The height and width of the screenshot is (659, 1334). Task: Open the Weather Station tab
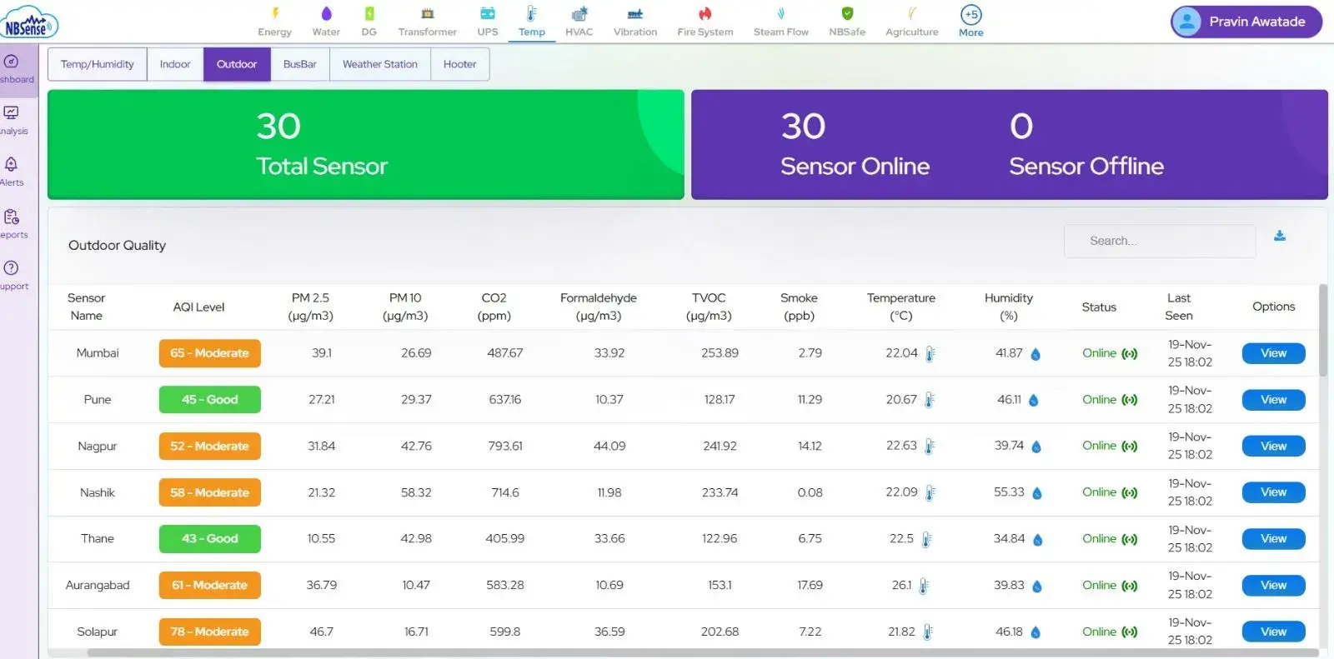tap(379, 64)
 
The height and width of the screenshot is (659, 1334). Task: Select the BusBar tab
tap(299, 64)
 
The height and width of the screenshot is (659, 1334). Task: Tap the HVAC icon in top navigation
tap(579, 14)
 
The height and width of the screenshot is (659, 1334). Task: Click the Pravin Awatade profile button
tap(1246, 22)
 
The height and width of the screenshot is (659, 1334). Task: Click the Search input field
tap(1159, 241)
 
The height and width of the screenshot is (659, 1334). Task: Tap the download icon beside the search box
tap(1280, 237)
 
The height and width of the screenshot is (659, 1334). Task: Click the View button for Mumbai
tap(1273, 353)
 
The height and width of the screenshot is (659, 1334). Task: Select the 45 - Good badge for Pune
tap(210, 400)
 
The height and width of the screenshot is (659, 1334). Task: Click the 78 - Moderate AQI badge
tap(210, 632)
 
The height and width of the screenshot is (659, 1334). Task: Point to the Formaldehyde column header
tap(598, 307)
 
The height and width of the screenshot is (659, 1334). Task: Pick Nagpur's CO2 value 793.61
tap(505, 447)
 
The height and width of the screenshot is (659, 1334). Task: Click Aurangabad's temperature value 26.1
tap(901, 586)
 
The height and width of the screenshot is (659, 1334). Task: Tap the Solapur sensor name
tap(98, 632)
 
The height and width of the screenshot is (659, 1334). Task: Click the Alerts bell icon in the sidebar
tap(11, 165)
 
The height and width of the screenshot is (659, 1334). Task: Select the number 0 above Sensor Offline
tap(1021, 127)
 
